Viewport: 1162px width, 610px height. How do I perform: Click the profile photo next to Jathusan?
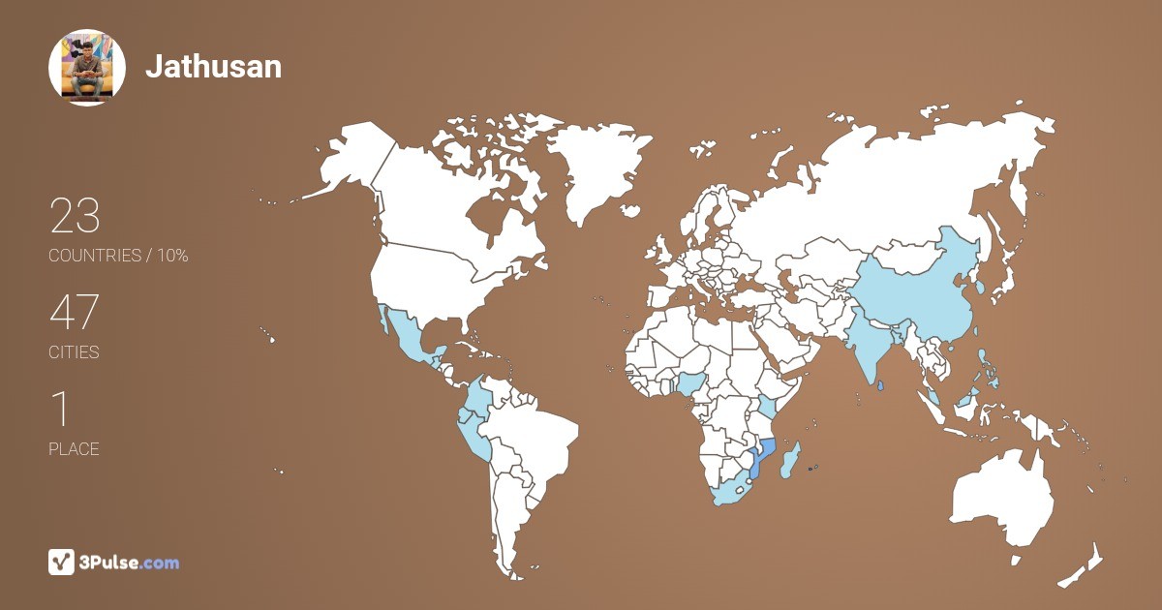87,67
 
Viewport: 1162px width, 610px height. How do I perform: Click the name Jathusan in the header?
213,66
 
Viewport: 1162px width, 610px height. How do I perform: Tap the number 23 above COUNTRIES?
75,216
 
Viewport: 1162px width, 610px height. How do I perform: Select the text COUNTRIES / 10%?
118,256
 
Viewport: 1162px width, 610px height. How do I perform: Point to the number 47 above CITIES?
75,313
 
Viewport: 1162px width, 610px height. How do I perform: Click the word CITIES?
74,352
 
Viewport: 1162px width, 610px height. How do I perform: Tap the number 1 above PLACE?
61,410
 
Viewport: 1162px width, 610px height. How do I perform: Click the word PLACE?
74,449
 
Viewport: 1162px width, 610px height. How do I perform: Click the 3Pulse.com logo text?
130,563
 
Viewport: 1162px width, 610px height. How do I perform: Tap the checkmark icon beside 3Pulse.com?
62,563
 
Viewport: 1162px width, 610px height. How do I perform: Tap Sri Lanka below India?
879,386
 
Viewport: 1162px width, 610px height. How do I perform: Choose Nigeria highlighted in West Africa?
690,384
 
